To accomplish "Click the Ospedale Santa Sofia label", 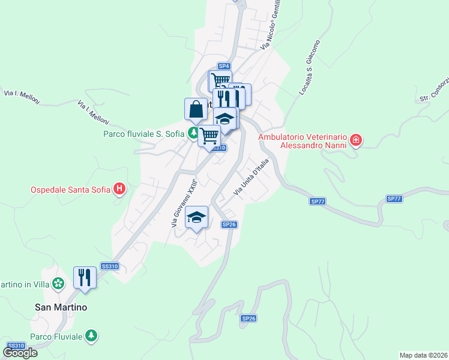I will coord(70,190).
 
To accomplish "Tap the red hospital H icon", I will coord(119,190).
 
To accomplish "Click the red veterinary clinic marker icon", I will coord(356,140).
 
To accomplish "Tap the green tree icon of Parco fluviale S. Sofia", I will coord(193,133).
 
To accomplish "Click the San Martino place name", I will coord(61,307).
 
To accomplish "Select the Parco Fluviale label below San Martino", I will coord(56,336).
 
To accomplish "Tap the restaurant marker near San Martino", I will coord(85,278).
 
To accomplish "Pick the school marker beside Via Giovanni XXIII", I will coord(197,217).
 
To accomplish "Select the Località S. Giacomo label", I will coord(310,68).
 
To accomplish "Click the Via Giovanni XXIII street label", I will coord(184,205).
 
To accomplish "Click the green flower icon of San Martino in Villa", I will coord(58,283).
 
